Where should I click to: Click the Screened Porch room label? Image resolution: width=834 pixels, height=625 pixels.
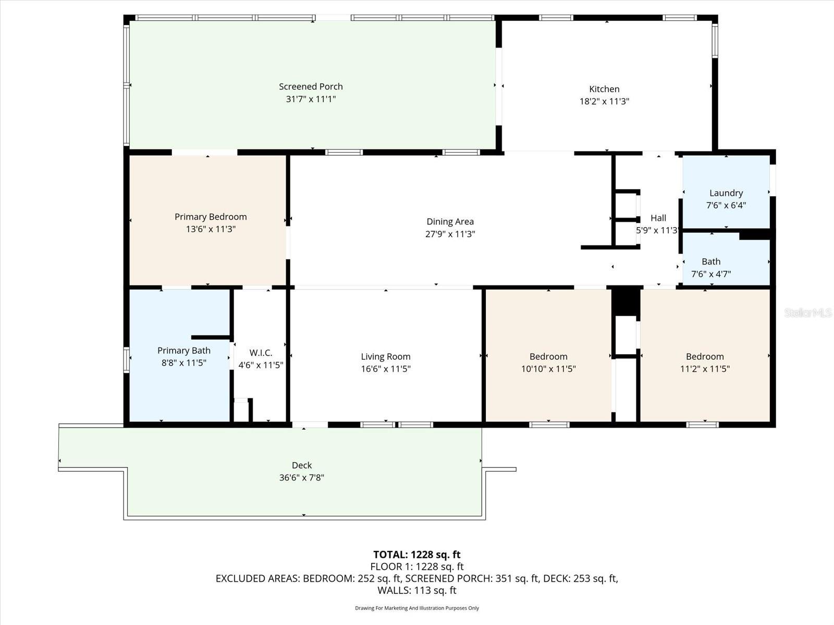coord(311,86)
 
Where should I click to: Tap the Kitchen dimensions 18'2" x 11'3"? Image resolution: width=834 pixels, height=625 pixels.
coord(604,101)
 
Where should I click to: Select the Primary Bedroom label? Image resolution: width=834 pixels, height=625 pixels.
coord(211,217)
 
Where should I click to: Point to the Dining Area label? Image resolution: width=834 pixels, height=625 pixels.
coord(450,221)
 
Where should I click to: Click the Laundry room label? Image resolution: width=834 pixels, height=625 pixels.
coord(726,193)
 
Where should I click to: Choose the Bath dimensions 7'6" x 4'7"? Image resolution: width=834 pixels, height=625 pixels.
coord(710,274)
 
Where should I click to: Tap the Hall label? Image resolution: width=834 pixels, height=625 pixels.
coord(658,218)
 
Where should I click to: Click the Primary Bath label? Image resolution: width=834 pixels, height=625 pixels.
coord(184,351)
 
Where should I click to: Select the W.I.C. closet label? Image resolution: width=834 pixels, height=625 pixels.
coord(261,353)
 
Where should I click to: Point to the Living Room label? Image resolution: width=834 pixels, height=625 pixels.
coord(386,356)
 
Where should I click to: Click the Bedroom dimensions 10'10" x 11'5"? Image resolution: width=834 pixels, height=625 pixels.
coord(548,369)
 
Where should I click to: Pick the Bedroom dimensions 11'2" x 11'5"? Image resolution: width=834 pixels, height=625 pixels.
coord(705,369)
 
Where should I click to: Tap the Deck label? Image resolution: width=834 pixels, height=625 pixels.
coord(302,465)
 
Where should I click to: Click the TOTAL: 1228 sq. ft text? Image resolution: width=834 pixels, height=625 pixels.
coord(416,554)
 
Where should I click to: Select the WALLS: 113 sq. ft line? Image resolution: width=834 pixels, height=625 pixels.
coord(416,590)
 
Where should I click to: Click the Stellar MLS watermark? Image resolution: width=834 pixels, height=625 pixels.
coord(807,312)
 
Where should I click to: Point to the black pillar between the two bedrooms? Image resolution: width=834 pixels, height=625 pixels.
coord(625,301)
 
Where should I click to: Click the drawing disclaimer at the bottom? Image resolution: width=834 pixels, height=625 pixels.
coord(416,608)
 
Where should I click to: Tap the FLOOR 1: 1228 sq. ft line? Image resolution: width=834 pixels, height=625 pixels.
coord(416,566)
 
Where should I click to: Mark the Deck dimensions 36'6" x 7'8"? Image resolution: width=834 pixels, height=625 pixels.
coord(302,478)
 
